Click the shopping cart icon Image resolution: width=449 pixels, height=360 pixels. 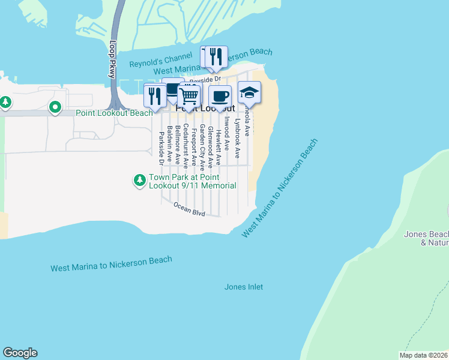pos(188,95)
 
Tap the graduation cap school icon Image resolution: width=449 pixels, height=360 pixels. pos(249,93)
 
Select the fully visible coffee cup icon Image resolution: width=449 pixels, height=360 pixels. pos(220,96)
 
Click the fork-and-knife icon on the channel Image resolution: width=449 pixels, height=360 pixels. pos(217,57)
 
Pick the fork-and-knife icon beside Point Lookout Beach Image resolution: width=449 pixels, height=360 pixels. pos(155,96)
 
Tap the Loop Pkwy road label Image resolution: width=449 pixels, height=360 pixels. pos(112,58)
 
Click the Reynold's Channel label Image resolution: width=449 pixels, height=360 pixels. pos(161,61)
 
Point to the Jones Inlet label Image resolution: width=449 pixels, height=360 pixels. pos(244,287)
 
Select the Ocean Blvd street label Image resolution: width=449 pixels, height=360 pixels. pos(190,209)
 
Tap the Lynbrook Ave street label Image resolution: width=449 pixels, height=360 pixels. pos(237,138)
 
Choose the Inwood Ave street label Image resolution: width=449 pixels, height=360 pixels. pos(226,133)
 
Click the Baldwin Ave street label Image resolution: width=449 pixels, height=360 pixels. pos(170,144)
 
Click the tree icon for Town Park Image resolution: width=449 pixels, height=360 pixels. pos(140,180)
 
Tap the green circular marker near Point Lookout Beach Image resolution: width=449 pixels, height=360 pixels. pos(55,108)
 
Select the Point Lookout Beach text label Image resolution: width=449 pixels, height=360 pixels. pos(114,113)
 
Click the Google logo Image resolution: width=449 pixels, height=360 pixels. pos(20,353)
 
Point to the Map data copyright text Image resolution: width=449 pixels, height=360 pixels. pos(423,355)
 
